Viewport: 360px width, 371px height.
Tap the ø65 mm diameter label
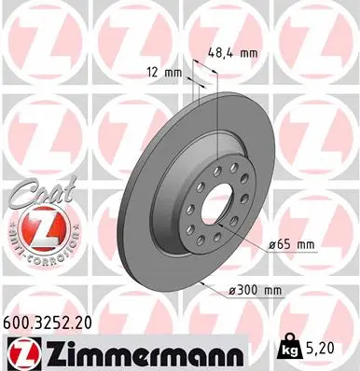[292, 244]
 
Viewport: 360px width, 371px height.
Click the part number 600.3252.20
[53, 323]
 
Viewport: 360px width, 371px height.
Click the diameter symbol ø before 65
[271, 244]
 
